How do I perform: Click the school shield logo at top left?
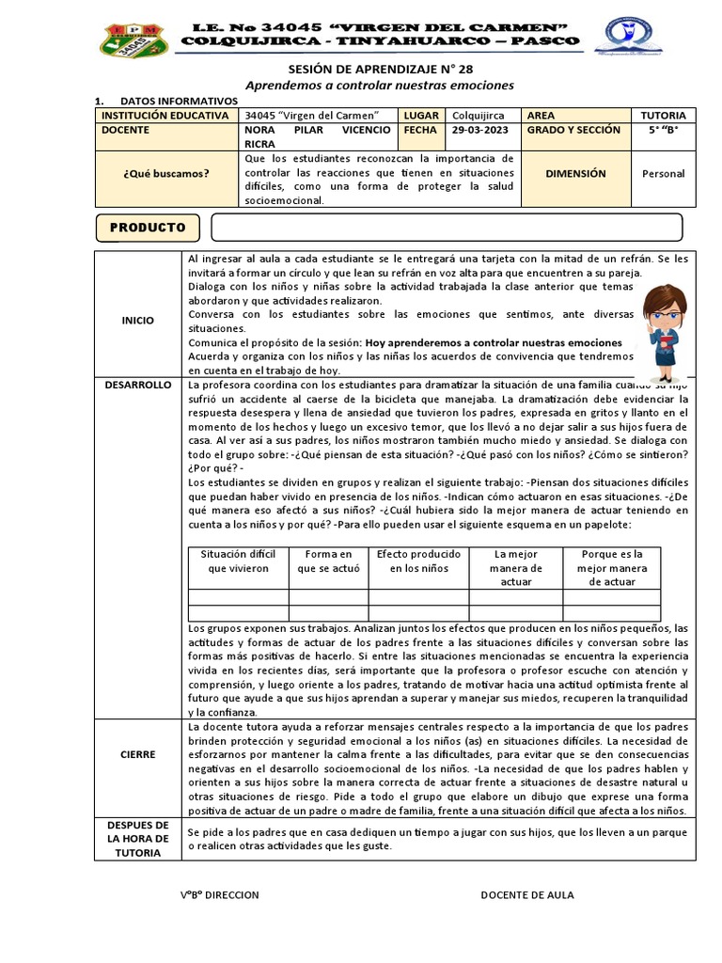(134, 39)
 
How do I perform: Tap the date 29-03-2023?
(483, 131)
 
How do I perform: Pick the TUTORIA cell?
(663, 115)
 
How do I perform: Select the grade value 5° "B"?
(663, 131)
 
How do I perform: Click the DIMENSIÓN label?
(575, 174)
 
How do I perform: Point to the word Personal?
(663, 174)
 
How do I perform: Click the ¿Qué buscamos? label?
(166, 174)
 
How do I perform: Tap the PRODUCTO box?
(148, 228)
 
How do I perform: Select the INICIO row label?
(137, 321)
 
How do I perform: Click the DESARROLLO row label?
(138, 386)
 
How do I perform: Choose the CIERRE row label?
(137, 755)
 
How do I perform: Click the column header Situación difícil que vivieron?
(238, 561)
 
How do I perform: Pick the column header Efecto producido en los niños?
(418, 561)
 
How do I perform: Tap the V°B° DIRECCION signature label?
(220, 895)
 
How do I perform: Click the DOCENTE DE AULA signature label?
(526, 895)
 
